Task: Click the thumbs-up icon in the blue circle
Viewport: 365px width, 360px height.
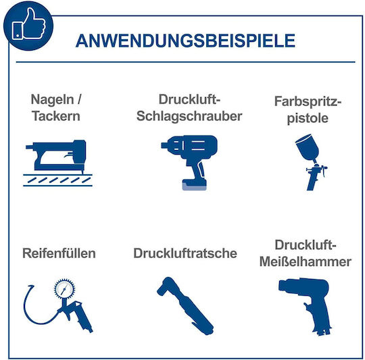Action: coord(29,24)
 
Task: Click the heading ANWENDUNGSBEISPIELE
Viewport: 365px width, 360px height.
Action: coord(185,41)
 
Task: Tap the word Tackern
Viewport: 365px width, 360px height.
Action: coord(56,115)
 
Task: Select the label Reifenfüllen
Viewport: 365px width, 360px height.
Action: coord(59,253)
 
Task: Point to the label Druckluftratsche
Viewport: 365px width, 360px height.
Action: coord(185,253)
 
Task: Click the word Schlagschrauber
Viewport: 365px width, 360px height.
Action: coord(189,116)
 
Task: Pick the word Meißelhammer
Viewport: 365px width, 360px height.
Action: coord(305,261)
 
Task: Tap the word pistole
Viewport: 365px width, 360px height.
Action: coord(308,118)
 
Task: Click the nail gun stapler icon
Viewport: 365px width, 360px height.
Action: coord(56,157)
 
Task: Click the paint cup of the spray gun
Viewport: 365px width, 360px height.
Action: coord(308,148)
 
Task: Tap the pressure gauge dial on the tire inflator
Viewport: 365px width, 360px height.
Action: coord(64,289)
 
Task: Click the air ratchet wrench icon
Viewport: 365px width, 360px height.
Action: coord(185,306)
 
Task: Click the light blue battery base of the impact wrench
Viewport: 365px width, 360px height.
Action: coord(194,186)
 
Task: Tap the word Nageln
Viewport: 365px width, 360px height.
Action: coord(52,100)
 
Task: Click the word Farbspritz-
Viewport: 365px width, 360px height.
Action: coord(308,102)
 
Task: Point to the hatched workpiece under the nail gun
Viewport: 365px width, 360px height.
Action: coord(57,180)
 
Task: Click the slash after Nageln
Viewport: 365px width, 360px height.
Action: coord(79,99)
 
